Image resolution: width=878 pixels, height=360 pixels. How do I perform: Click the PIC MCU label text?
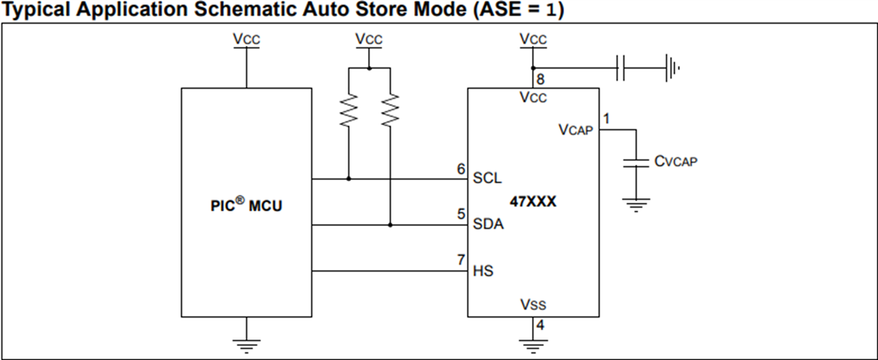point(246,206)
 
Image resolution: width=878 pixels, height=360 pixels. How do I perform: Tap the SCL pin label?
point(487,179)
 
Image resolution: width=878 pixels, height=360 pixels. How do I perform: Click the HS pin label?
point(483,271)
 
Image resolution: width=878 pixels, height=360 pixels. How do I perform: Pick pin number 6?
point(461,169)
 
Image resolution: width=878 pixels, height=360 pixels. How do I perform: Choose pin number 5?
point(461,214)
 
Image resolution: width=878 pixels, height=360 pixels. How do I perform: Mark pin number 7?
point(461,260)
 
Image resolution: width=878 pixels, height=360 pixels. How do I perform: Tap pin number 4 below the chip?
point(541,326)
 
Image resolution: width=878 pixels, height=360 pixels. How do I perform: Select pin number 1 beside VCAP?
point(607,119)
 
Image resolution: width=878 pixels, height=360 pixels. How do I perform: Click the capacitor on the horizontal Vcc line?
point(620,70)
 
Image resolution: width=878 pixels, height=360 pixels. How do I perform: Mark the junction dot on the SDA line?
point(390,225)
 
